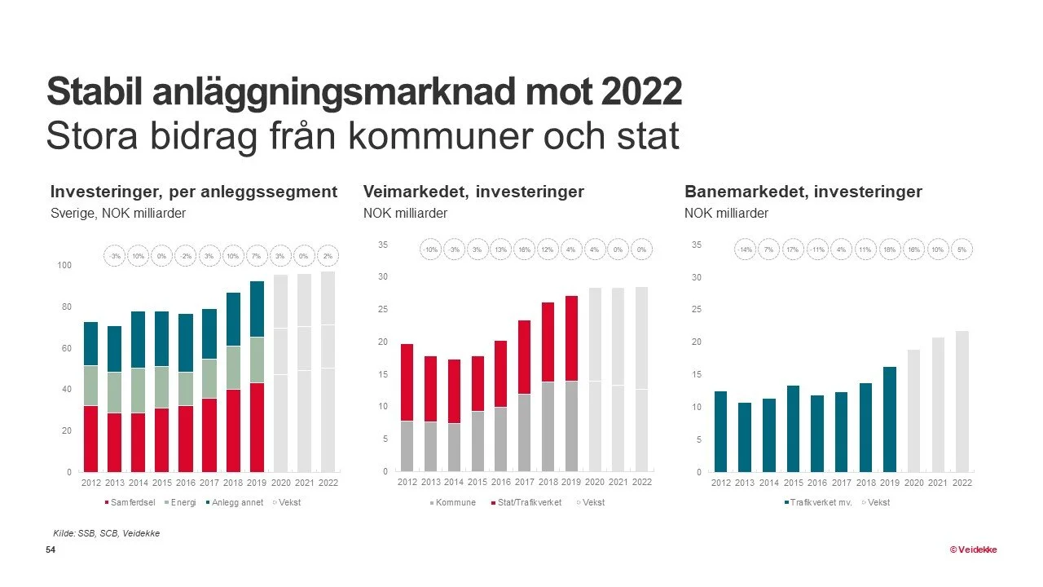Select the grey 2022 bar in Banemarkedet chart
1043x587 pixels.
[962, 401]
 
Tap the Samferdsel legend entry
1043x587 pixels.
[133, 502]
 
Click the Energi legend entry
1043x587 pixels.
[183, 502]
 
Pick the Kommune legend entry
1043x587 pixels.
[455, 502]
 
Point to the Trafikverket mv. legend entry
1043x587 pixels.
[818, 502]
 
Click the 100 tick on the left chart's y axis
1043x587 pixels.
[64, 266]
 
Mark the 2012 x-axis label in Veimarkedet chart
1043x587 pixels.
[407, 482]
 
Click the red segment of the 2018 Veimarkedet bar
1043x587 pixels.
[548, 342]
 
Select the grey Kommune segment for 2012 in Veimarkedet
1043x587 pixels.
[407, 446]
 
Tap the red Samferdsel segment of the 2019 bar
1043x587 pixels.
[257, 426]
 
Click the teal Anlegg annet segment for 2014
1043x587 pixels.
[139, 339]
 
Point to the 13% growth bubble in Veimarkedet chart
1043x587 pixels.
[501, 249]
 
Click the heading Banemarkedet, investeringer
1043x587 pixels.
[803, 192]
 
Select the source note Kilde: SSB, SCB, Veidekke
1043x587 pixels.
[106, 533]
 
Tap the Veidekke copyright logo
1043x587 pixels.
[973, 549]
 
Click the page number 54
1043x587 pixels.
[51, 551]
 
